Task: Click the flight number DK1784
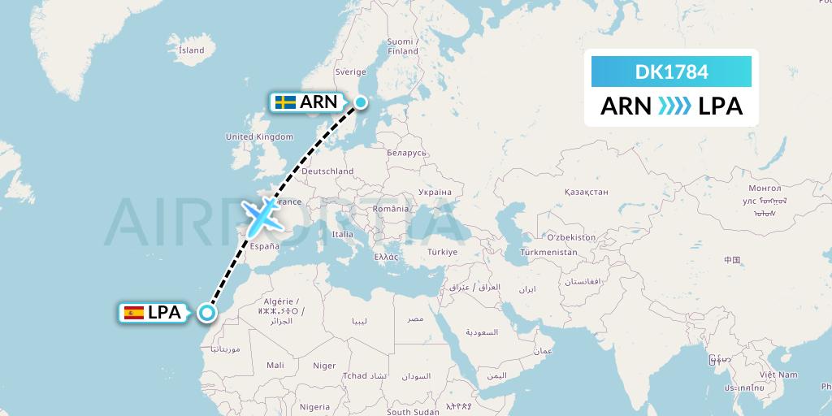[671, 72]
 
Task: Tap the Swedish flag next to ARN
[284, 102]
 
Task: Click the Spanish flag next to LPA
[134, 312]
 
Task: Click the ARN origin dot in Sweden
[360, 102]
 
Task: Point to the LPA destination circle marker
[208, 312]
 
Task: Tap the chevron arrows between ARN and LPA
[672, 106]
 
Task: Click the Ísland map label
[191, 50]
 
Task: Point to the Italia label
[342, 234]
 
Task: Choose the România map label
[391, 209]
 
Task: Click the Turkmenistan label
[550, 253]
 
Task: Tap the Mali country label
[275, 366]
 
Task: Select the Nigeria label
[314, 406]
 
